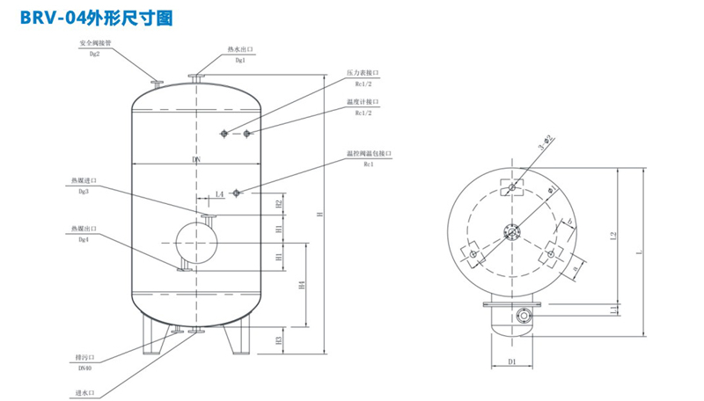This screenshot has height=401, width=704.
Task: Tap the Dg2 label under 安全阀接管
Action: pyautogui.click(x=95, y=54)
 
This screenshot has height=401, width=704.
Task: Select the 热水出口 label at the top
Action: pyautogui.click(x=239, y=49)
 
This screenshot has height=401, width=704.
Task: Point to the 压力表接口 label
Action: pyautogui.click(x=363, y=73)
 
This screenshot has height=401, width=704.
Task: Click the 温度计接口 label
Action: pyautogui.click(x=363, y=101)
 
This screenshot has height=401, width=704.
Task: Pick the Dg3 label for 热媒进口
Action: pyautogui.click(x=84, y=191)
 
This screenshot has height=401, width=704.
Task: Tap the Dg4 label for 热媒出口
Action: pyautogui.click(x=84, y=239)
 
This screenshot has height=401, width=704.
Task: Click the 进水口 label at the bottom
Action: pyautogui.click(x=84, y=392)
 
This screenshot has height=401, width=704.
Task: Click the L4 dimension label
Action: pyautogui.click(x=219, y=193)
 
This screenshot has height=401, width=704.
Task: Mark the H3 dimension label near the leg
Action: pyautogui.click(x=279, y=339)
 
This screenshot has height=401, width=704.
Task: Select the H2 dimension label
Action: pyautogui.click(x=279, y=204)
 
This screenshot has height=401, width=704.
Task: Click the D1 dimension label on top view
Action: pyautogui.click(x=512, y=361)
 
